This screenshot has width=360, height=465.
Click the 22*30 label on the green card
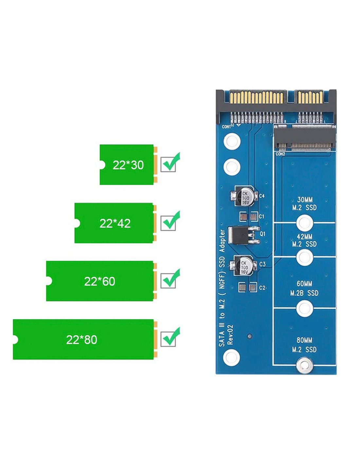[128, 165]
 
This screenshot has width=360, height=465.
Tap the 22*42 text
[115, 223]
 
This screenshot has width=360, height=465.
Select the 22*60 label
[99, 282]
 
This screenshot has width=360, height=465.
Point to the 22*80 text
[81, 340]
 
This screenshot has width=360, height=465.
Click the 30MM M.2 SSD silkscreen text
[304, 203]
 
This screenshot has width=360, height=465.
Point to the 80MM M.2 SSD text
[304, 345]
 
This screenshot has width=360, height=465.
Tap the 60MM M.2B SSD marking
[304, 288]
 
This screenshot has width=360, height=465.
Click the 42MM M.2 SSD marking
[304, 240]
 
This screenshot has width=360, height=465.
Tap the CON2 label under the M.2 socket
[280, 154]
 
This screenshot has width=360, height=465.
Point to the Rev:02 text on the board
[230, 335]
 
